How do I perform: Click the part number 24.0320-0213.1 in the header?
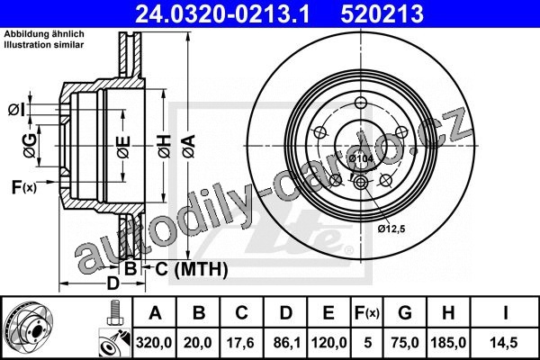click(222, 13)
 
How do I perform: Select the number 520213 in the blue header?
click(382, 13)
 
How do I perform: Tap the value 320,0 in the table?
click(154, 342)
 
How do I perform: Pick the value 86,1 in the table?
click(285, 342)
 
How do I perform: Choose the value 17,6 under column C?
click(241, 342)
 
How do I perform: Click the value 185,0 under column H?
click(448, 342)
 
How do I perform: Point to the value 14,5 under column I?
click(505, 342)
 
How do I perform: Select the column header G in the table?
click(405, 313)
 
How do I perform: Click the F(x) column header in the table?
click(367, 313)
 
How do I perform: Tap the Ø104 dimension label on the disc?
click(361, 158)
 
